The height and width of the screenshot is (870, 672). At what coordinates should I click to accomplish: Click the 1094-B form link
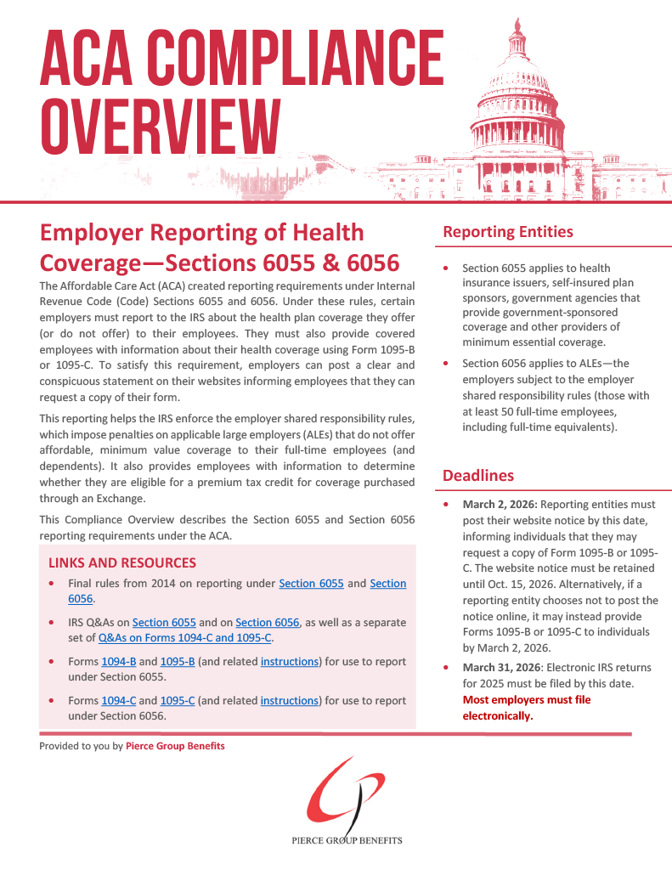pos(119,661)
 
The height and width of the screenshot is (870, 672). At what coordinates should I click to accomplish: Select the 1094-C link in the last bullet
pos(119,701)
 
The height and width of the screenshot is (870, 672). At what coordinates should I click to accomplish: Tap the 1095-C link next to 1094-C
pos(178,701)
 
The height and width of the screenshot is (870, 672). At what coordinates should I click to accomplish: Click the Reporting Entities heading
pos(508,232)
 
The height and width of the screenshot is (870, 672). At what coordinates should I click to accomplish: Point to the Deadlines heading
pos(478,476)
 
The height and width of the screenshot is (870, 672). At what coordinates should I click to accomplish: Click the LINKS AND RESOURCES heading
pos(122,562)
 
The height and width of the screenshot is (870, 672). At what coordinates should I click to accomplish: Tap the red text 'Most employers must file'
pos(526,700)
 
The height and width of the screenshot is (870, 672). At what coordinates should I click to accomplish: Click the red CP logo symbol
pos(343,795)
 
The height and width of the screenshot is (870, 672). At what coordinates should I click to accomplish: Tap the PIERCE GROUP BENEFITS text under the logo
pos(346,840)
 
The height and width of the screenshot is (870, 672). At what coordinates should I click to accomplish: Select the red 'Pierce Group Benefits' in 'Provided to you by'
pos(175,746)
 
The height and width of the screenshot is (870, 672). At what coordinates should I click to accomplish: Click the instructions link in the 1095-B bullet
pos(289,661)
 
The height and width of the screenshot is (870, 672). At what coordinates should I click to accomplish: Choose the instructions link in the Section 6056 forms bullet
pos(289,701)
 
